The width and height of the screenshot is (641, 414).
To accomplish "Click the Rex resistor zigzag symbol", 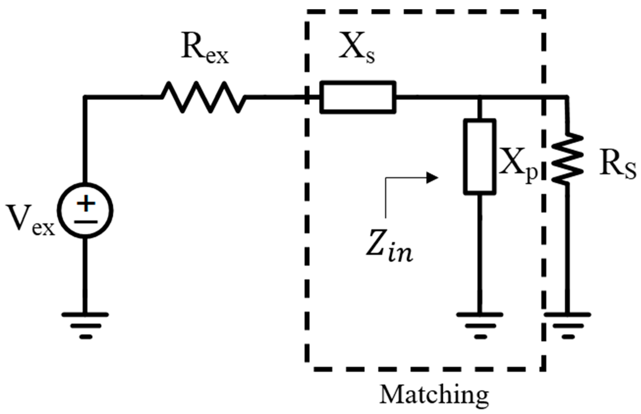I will [204, 97].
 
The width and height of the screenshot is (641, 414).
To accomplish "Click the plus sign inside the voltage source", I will [86, 203].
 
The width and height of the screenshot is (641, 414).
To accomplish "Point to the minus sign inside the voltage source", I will [86, 222].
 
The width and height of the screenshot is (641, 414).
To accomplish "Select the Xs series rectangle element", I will [358, 97].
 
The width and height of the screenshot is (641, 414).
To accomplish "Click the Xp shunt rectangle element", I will [480, 156].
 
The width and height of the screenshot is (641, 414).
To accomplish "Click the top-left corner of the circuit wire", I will [85, 97].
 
